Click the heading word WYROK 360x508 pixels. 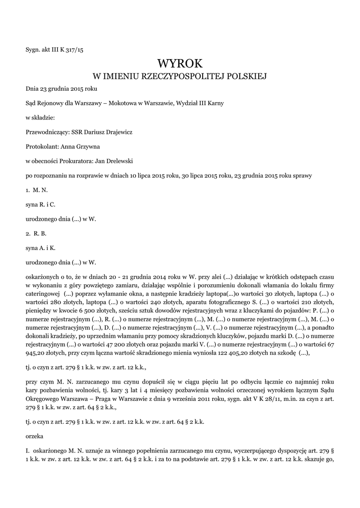(x=180, y=63)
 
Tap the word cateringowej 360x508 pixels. (x=43, y=293)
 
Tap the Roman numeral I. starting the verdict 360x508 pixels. (x=28, y=451)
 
